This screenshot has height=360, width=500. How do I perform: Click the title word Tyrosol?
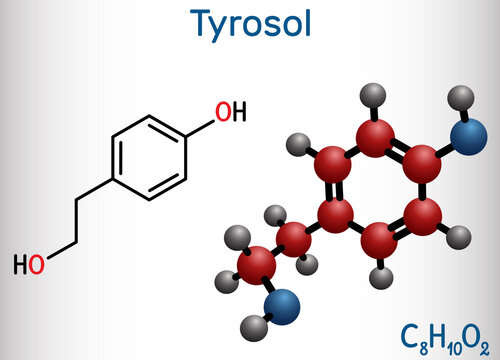pos(249,23)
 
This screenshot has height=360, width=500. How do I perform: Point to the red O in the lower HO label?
pos(36,265)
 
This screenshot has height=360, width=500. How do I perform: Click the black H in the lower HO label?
pos(21,265)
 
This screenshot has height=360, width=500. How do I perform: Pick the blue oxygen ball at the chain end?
pos(285,303)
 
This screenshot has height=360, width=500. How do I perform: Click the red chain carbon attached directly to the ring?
pos(292,237)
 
